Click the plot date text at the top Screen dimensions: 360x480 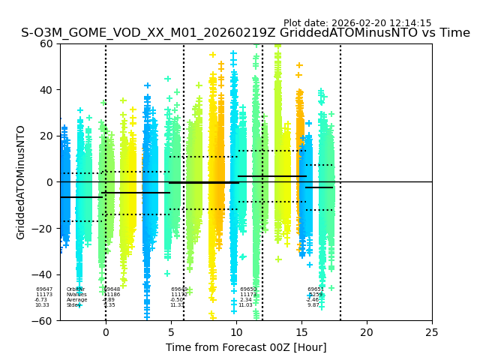point(357,23)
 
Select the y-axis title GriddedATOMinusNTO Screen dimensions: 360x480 point(21,182)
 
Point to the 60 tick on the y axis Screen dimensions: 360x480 point(47,43)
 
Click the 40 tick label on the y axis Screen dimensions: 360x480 point(47,90)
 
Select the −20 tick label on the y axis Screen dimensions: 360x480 point(44,229)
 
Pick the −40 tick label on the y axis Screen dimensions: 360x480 point(44,274)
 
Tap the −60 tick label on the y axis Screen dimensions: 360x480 point(44,321)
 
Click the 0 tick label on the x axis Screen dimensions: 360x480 point(106,332)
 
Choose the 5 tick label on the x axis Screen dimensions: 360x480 point(171,332)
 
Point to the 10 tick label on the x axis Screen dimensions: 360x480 point(236,332)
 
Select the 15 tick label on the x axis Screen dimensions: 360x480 point(301,332)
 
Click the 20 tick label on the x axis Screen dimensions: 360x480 point(367,332)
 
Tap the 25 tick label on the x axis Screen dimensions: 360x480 point(432,332)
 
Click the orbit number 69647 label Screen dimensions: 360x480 point(44,289)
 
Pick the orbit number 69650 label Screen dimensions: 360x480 point(248,289)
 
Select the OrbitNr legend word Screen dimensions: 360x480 point(75,289)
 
